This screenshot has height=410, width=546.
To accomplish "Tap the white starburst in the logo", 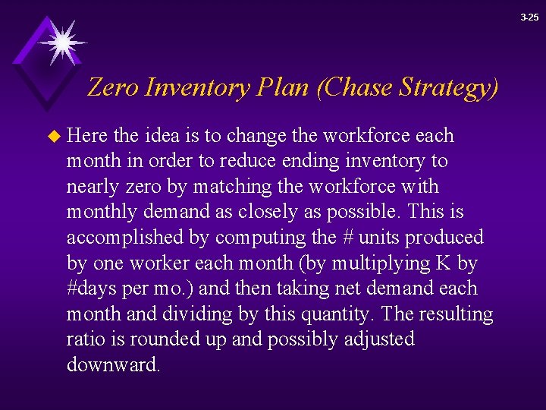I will point(61,42).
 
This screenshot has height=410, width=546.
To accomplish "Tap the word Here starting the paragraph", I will point(88,136).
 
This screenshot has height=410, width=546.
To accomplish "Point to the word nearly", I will point(93,187).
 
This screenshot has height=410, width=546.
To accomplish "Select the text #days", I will point(92,289).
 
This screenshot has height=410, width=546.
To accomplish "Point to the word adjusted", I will point(377,339).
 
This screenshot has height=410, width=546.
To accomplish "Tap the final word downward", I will point(113,364).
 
